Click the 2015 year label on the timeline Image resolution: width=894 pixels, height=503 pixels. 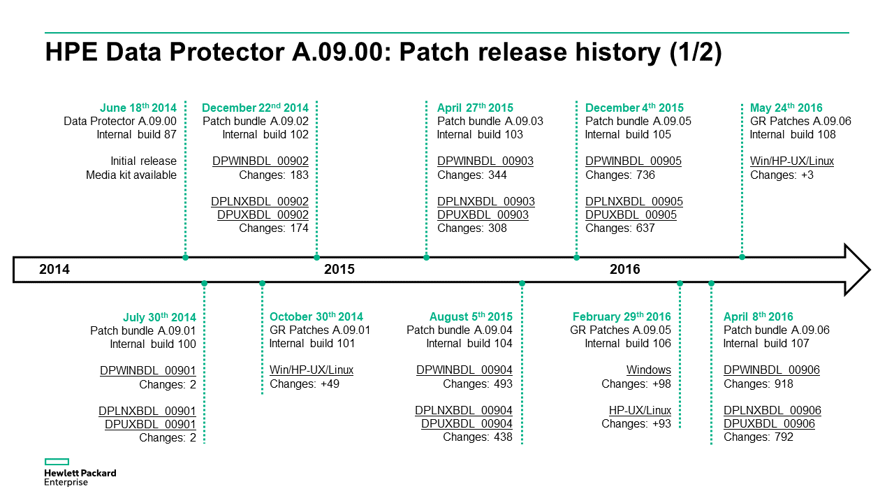(x=339, y=270)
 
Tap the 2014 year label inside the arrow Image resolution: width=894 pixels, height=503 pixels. (x=54, y=270)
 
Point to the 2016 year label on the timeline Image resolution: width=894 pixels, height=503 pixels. (x=624, y=270)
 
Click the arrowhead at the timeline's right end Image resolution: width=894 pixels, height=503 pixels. (x=858, y=270)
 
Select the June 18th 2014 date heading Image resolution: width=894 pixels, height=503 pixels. (x=138, y=108)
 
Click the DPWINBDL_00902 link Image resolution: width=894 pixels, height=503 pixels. (x=261, y=161)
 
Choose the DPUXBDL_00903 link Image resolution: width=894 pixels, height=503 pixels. (x=483, y=214)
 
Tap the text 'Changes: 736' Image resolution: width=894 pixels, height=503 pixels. (x=620, y=175)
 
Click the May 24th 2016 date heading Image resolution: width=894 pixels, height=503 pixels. (x=786, y=108)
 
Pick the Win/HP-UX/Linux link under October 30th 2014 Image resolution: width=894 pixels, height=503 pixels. (x=312, y=370)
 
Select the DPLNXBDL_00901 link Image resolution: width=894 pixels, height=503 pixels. (x=147, y=411)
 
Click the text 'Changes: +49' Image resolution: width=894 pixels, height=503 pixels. (x=305, y=384)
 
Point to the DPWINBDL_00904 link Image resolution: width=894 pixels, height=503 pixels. (x=464, y=370)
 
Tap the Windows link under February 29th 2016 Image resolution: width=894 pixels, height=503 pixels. (x=649, y=370)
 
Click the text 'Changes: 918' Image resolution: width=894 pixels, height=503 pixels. (x=759, y=384)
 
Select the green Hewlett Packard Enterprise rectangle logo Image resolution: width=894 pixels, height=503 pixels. (x=57, y=462)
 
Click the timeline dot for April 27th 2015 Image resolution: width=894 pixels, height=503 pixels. (x=426, y=258)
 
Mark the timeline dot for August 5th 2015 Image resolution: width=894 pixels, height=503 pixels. (x=522, y=284)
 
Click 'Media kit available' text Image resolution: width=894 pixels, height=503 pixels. (x=131, y=175)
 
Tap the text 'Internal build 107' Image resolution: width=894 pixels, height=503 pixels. (x=766, y=343)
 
